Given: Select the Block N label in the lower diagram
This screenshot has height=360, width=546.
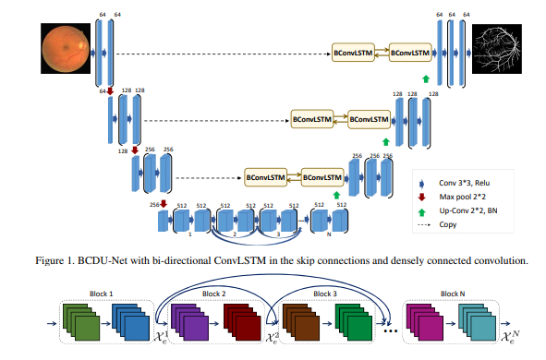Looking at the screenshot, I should [451, 293].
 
